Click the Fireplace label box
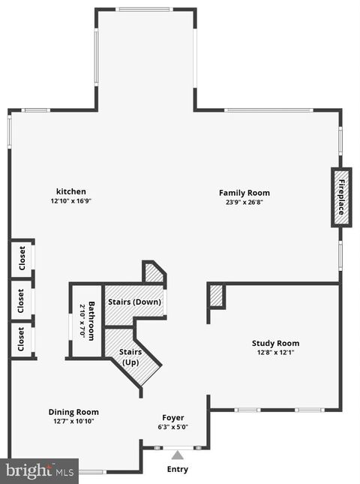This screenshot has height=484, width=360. coord(340,197)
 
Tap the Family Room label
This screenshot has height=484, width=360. coord(244,193)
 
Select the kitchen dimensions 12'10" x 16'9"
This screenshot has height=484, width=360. coord(72,201)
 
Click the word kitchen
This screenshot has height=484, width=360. coord(71,191)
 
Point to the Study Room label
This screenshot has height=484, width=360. coord(274,344)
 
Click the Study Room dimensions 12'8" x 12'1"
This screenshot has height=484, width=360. coord(274,353)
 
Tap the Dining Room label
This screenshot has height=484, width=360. coord(73,411)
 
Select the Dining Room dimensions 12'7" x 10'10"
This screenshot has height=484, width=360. coord(73,421)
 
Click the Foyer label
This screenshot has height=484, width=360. coord(173,417)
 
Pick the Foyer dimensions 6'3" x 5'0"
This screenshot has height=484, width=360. coord(173,427)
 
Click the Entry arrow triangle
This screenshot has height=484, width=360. coord(177,454)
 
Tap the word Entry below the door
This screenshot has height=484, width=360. coord(177,470)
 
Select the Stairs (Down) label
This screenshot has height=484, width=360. coord(133,302)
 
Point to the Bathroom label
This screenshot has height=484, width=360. coord(88,321)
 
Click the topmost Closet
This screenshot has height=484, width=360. coord(22,258)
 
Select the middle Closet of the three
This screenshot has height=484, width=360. coord(22,300)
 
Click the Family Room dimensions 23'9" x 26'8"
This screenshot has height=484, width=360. coord(244,202)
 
